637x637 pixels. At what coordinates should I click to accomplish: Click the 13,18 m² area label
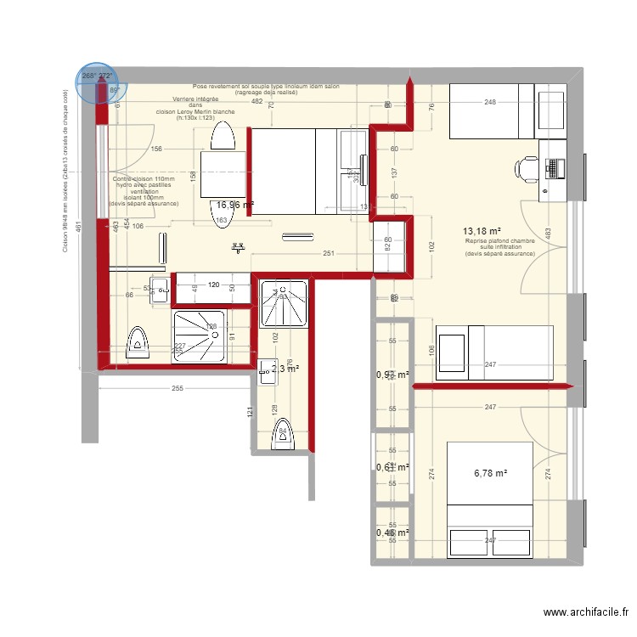pos(481,231)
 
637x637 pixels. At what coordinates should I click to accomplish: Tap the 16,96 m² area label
pos(235,205)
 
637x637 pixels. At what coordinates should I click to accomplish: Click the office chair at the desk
pos(526,167)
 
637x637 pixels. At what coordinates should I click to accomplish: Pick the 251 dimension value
pos(327,254)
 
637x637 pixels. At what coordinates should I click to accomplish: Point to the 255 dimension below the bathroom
pos(176,388)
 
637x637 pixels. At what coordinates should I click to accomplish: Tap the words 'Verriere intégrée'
pos(194,99)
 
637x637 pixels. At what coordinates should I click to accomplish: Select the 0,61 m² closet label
pos(392,467)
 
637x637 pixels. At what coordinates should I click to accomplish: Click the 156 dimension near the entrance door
pos(155,149)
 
